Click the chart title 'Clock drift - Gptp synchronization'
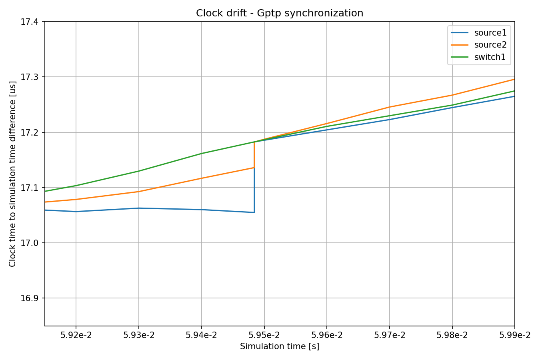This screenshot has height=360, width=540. [x=280, y=13]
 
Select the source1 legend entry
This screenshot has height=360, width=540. [x=479, y=33]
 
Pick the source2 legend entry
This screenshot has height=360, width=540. [x=479, y=45]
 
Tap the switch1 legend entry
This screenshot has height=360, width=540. [x=478, y=57]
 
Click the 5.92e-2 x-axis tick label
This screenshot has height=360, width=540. [x=76, y=335]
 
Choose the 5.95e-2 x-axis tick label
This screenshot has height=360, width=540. [x=264, y=335]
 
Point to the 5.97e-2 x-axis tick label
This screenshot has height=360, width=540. [x=390, y=335]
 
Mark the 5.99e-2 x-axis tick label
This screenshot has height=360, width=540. [x=515, y=335]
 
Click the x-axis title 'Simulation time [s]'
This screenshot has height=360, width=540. [x=280, y=346]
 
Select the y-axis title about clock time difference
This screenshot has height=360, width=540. [x=12, y=174]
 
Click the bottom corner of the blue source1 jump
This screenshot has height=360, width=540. [x=254, y=212]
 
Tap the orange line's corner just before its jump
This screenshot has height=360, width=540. [x=254, y=168]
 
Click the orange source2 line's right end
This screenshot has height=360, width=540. [x=515, y=79]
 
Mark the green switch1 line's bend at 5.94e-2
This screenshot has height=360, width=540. [x=202, y=153]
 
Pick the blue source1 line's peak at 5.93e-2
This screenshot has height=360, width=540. [x=139, y=208]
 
